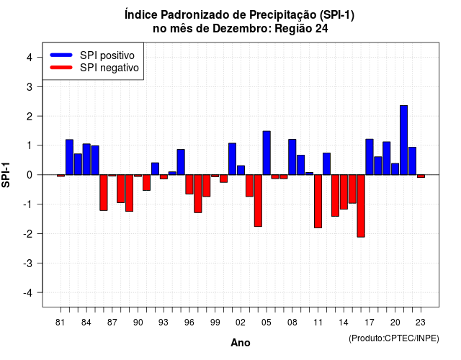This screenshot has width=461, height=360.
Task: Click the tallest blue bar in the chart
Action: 403,140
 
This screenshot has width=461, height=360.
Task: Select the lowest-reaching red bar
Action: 361,206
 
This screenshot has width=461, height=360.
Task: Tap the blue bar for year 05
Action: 267,153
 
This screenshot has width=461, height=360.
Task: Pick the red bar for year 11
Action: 318,202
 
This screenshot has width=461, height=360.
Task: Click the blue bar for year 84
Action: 86,159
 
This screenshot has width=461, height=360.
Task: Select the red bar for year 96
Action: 189,184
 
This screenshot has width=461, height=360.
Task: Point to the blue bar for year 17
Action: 370,157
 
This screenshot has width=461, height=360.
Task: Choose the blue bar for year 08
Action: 292,157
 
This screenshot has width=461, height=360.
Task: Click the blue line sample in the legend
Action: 61,55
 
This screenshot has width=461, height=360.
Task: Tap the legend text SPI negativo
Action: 109,68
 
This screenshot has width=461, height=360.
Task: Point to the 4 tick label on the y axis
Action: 30,58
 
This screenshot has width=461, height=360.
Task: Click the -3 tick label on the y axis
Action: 27,264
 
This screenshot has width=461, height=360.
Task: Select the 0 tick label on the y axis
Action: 30,175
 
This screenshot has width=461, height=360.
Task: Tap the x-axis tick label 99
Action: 215,323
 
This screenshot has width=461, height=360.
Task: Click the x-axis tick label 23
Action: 421,323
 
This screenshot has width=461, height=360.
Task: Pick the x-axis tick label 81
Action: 60,323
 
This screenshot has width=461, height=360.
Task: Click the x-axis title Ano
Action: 241,343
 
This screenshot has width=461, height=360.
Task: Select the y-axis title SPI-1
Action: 6,175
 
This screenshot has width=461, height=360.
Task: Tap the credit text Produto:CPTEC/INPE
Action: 394,338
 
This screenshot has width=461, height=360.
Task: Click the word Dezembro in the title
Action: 241,29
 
